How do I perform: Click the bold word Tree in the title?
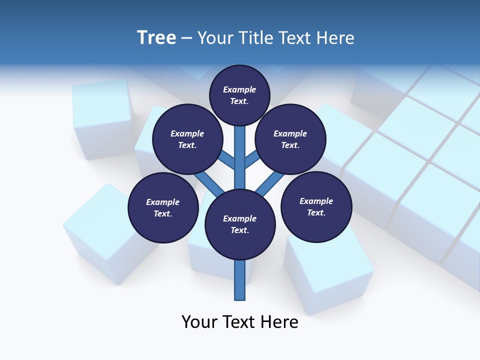(156, 37)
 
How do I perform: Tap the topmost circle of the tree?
(239, 95)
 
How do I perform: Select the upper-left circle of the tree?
(187, 139)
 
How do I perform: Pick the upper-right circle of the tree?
(290, 139)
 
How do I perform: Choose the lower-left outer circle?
(163, 207)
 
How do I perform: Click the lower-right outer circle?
(316, 207)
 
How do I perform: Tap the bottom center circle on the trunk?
(240, 224)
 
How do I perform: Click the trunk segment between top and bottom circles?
(240, 155)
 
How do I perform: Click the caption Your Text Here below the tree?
(240, 322)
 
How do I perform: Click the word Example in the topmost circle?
(239, 89)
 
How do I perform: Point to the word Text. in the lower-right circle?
(316, 212)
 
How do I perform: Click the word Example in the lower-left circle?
(163, 202)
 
